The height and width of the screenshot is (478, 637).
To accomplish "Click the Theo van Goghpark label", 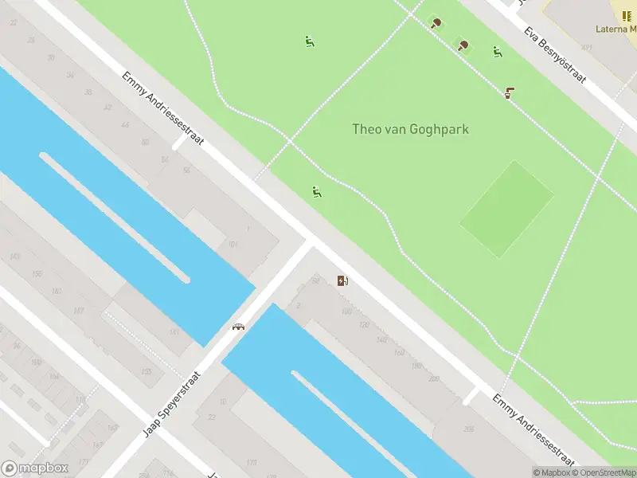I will (410, 129).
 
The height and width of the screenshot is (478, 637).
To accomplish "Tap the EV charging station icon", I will (342, 280).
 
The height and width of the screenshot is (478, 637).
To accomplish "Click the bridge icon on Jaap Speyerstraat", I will (237, 327).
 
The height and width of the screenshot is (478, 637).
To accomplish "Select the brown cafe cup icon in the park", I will (508, 93).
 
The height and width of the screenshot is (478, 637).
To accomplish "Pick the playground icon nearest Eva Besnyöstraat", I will (498, 53).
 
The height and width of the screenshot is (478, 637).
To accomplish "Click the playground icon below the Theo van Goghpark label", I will (317, 191).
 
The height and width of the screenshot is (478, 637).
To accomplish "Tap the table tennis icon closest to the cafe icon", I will (463, 45).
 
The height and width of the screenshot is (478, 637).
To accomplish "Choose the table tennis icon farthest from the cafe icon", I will (436, 22).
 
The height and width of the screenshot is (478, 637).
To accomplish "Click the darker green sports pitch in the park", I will (506, 209).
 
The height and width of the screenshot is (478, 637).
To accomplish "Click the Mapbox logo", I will (35, 468).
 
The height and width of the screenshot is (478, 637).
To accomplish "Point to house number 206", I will (468, 429).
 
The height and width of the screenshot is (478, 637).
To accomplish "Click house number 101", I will (233, 244).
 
